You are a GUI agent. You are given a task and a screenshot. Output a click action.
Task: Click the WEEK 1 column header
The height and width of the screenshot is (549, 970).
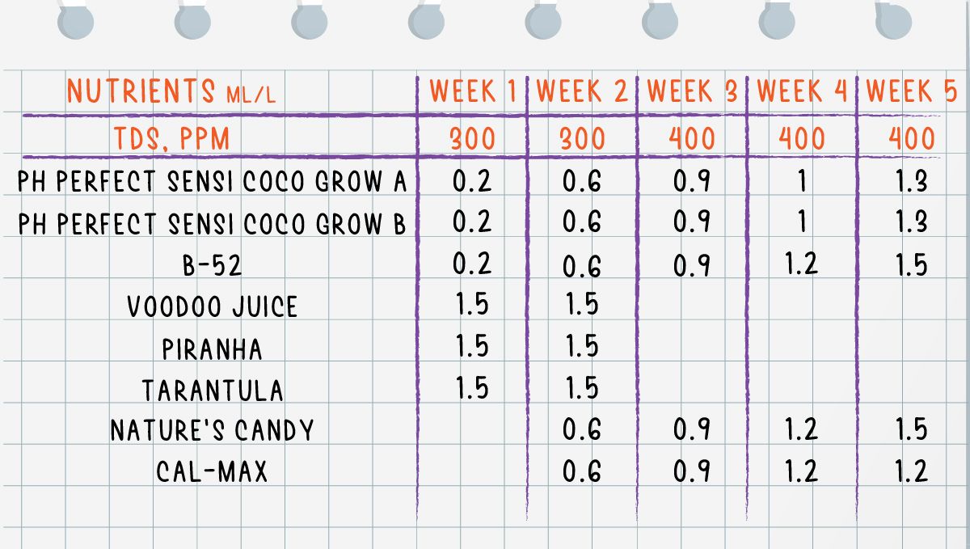pyautogui.click(x=473, y=91)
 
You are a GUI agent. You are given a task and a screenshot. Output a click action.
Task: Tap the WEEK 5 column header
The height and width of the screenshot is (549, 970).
pyautogui.click(x=912, y=91)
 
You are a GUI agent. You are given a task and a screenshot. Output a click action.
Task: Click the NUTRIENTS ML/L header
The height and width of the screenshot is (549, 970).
pyautogui.click(x=171, y=92)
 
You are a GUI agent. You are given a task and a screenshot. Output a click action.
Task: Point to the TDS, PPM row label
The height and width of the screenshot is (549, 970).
pyautogui.click(x=171, y=138)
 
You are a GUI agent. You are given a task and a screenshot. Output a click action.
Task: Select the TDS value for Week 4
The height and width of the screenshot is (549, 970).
pyautogui.click(x=802, y=139)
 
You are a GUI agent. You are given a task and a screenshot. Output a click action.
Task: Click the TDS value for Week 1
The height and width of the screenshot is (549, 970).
pyautogui.click(x=473, y=139)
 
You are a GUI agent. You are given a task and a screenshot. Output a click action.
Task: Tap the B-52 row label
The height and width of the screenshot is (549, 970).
pyautogui.click(x=213, y=266)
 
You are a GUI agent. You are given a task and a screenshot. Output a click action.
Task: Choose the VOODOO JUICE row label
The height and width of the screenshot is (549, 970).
pyautogui.click(x=213, y=306)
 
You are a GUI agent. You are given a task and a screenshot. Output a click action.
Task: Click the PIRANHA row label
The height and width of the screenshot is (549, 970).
pyautogui.click(x=213, y=349)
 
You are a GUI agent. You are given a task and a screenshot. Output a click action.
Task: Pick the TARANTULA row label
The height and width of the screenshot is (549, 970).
pyautogui.click(x=213, y=391)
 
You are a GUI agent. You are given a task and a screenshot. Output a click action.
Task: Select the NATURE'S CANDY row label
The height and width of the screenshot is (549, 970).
pyautogui.click(x=212, y=430)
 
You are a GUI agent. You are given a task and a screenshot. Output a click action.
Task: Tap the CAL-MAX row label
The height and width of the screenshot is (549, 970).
pyautogui.click(x=212, y=471)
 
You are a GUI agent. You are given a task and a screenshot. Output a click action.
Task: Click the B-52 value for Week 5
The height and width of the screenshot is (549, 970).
pyautogui.click(x=911, y=264)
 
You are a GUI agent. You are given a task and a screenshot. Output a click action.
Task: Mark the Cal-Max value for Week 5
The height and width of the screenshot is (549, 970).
pyautogui.click(x=911, y=471)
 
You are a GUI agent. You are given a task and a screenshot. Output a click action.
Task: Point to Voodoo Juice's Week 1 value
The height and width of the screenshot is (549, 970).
pyautogui.click(x=472, y=304)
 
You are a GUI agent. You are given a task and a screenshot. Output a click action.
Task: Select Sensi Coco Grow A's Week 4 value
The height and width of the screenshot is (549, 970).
pyautogui.click(x=802, y=180)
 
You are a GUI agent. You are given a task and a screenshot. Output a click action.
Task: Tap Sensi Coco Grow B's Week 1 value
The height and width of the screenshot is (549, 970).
pyautogui.click(x=472, y=222)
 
